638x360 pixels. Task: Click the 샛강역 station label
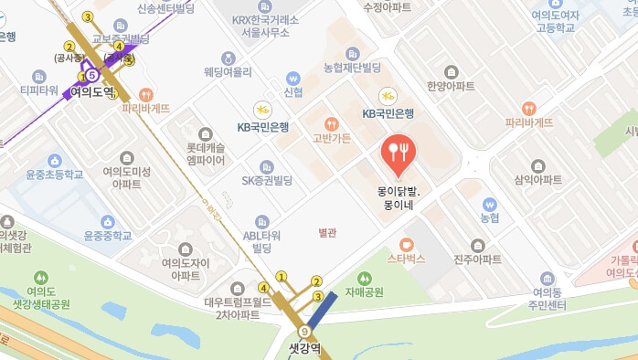coord(305,348)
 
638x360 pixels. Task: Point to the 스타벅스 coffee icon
coord(407,244)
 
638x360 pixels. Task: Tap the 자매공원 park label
coord(364,292)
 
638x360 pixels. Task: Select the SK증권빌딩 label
coord(267,180)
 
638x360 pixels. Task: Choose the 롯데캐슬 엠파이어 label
coord(206,153)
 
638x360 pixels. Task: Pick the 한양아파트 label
coord(451,86)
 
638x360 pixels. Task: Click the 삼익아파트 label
coord(538,180)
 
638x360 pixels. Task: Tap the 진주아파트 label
coord(477,259)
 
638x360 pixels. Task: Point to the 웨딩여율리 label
coord(228,70)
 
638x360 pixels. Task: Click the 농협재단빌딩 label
coord(353,69)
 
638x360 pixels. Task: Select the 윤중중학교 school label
coord(108,235)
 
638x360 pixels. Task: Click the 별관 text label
coord(327,232)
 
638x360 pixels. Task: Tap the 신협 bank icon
coord(293,79)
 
